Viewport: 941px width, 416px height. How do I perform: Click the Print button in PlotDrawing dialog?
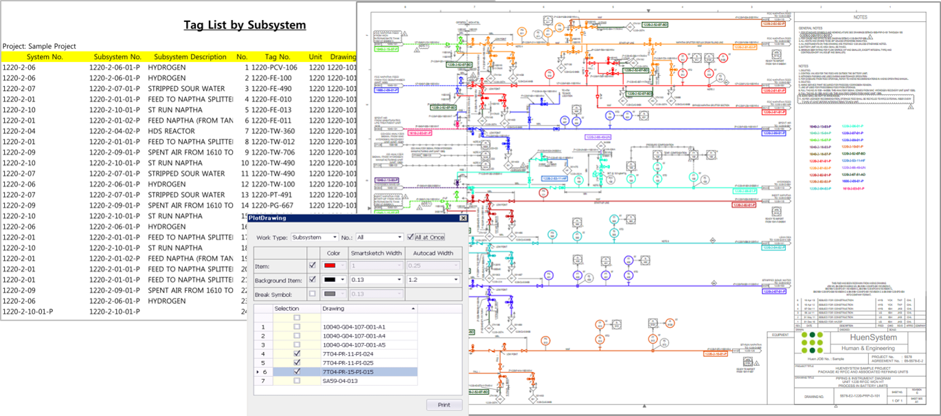point(444,404)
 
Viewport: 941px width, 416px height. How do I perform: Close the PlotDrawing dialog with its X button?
point(463,218)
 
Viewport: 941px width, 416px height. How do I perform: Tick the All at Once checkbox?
point(411,237)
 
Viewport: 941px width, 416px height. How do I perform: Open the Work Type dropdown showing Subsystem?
point(315,237)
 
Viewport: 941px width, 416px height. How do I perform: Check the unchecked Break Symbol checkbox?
point(313,294)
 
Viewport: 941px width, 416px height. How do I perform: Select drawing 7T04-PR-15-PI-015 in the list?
point(348,372)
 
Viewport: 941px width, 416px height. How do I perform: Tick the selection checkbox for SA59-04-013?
point(297,381)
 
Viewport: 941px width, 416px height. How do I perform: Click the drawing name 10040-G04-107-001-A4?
point(354,336)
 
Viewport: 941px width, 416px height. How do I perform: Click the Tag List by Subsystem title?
point(245,25)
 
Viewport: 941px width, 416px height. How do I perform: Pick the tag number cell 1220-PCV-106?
point(274,67)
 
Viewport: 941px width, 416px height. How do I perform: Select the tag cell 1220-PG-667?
point(272,206)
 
